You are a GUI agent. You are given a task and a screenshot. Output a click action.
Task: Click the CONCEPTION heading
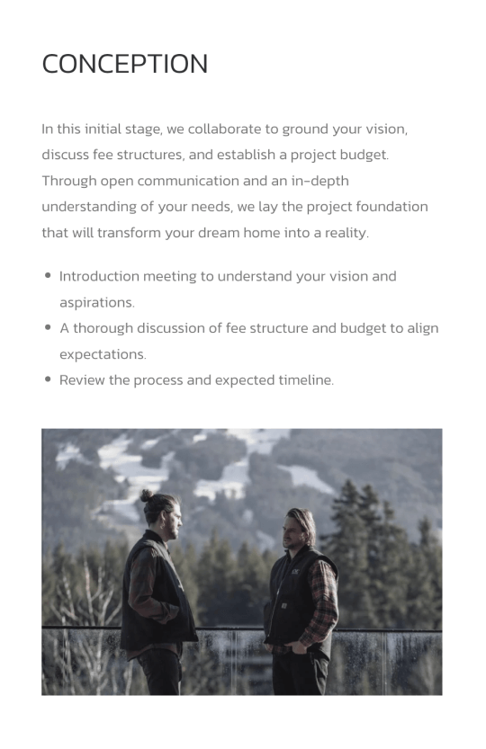pyautogui.click(x=125, y=64)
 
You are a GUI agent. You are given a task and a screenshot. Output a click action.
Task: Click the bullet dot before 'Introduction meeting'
pyautogui.click(x=48, y=275)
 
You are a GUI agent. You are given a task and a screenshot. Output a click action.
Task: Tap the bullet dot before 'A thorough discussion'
pyautogui.click(x=48, y=327)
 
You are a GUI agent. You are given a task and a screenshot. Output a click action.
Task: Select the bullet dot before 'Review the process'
pyautogui.click(x=48, y=379)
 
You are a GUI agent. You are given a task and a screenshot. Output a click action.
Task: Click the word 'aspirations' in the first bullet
pyautogui.click(x=97, y=303)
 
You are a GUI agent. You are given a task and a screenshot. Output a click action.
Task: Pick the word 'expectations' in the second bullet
pyautogui.click(x=103, y=354)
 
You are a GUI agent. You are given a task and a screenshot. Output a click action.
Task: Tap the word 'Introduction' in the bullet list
pyautogui.click(x=99, y=277)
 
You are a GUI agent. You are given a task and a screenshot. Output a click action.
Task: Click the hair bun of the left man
pyautogui.click(x=147, y=495)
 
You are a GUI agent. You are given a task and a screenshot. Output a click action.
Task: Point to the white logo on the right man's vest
pyautogui.click(x=296, y=571)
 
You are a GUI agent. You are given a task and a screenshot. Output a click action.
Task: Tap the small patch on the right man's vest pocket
pyautogui.click(x=283, y=606)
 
